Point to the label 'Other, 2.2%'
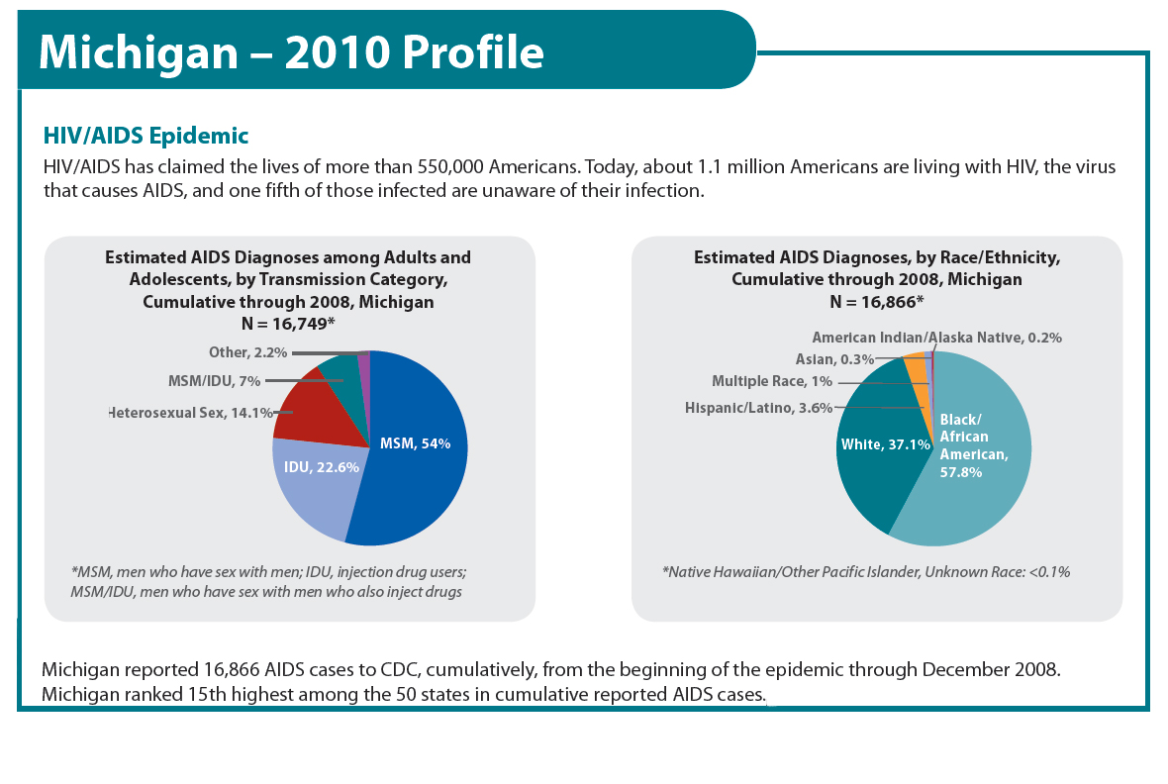pyautogui.click(x=247, y=352)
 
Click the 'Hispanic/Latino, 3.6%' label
pyautogui.click(x=758, y=408)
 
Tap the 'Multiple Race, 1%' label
pyautogui.click(x=772, y=381)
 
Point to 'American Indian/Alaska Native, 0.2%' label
pyautogui.click(x=936, y=338)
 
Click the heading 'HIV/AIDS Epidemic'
pyautogui.click(x=146, y=135)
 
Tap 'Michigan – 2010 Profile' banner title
pyautogui.click(x=291, y=52)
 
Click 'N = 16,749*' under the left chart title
pyautogui.click(x=287, y=323)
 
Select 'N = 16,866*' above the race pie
pyautogui.click(x=876, y=301)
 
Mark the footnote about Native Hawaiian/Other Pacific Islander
pyautogui.click(x=866, y=571)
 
